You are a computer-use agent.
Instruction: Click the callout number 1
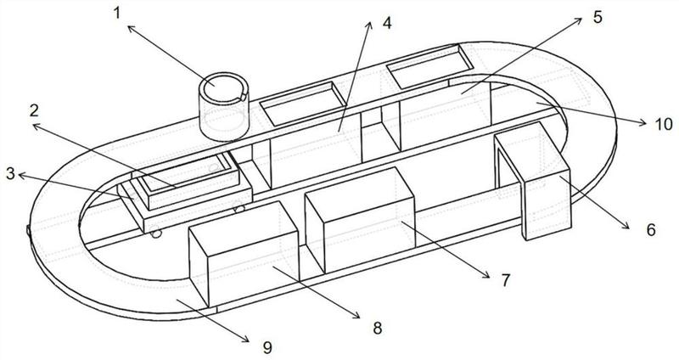pos(117,13)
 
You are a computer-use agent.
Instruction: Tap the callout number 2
pos(34,111)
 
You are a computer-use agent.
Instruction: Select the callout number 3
pos(10,174)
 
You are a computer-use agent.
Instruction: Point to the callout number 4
pos(387,23)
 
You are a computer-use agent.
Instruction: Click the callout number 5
pos(598,17)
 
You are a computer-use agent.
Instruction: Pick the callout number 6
pos(651,229)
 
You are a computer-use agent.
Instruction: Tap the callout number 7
pos(506,280)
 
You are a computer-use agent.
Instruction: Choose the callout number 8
pos(378,328)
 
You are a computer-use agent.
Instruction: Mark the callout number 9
pos(267,347)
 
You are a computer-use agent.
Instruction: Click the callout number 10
pos(664,124)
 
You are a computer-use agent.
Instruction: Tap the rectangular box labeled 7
pos(359,220)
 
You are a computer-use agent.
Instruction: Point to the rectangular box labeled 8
pos(244,253)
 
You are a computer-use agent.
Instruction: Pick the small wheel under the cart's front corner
pos(155,233)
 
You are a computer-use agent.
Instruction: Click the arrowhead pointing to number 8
pos(356,317)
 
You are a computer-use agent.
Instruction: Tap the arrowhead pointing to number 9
pos(246,340)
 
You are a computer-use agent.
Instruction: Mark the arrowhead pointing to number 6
pos(626,226)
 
